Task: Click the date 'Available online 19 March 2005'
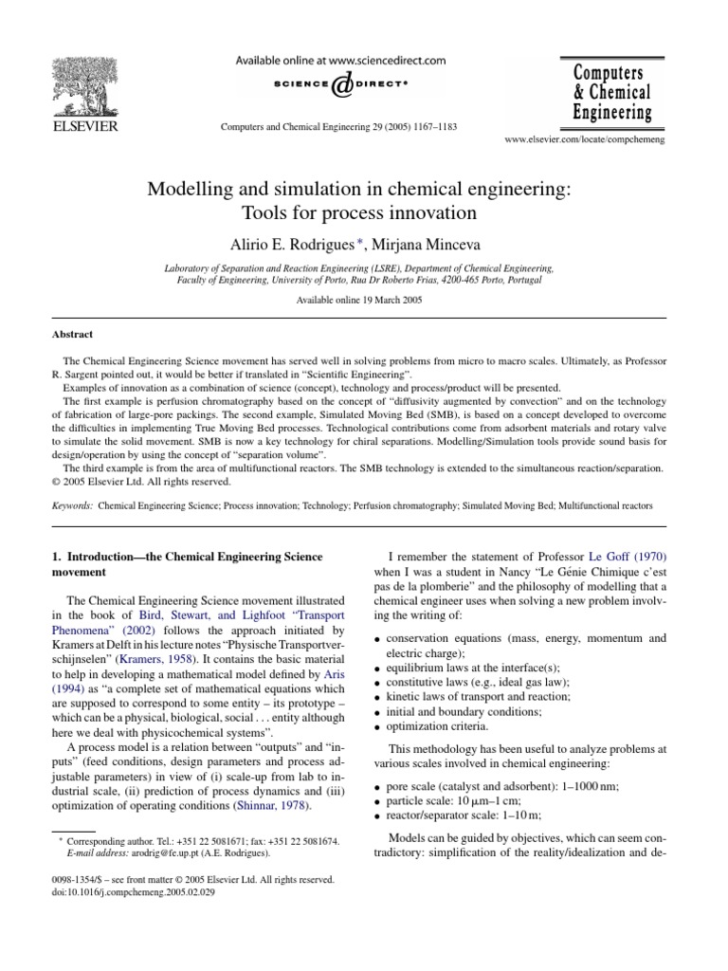(363, 299)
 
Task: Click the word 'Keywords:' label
(73, 506)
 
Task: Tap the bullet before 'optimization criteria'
(379, 728)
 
